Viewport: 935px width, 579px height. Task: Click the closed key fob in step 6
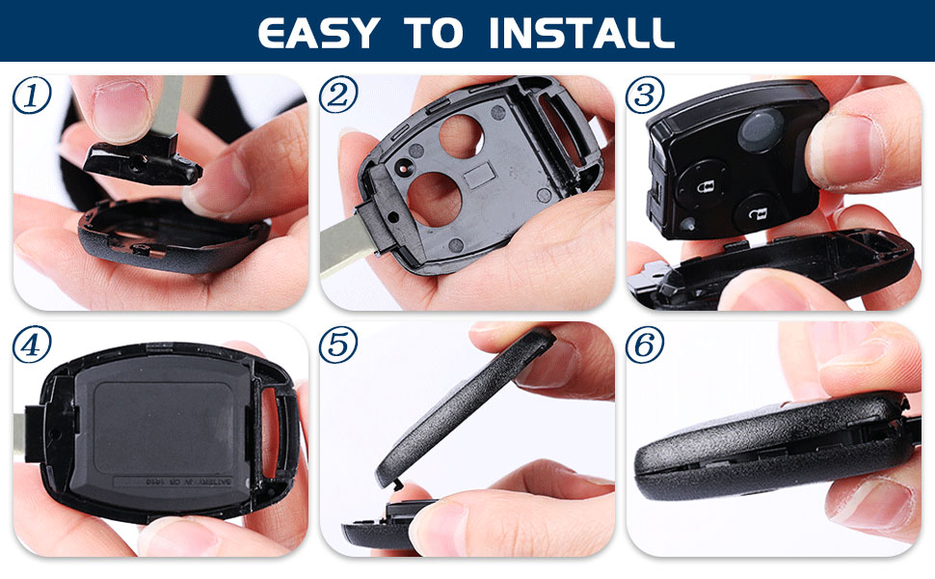761,449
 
